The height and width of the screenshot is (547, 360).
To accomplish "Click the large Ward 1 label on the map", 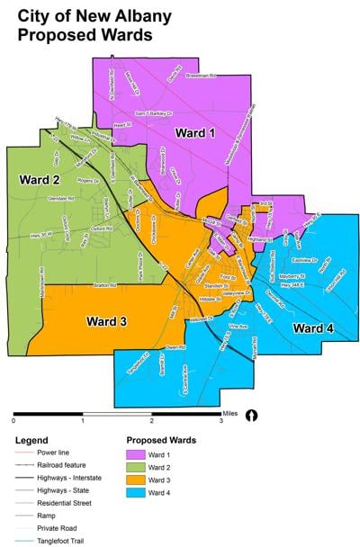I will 194,133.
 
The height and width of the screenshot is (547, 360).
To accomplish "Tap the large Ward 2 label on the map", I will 31,179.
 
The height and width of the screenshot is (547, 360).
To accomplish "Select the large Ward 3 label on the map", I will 106,320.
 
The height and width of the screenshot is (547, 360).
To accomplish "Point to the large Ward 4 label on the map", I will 313,329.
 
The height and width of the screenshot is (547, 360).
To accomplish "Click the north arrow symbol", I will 253,416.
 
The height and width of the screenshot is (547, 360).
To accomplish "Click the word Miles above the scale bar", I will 231,407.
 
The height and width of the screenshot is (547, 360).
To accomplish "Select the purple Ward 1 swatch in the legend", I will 138,453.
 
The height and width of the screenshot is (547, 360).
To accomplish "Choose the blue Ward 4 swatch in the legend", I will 138,492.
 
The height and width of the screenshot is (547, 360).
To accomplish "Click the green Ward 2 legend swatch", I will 138,466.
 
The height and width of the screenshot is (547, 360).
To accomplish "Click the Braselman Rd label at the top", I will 202,76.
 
